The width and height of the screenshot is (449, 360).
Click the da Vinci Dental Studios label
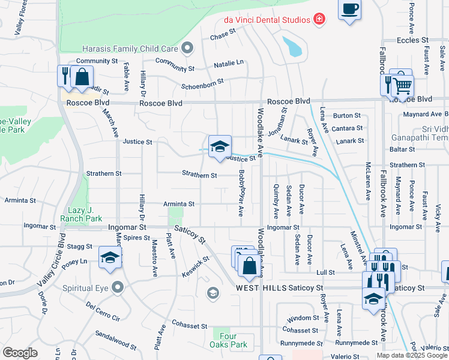pyautogui.click(x=266, y=19)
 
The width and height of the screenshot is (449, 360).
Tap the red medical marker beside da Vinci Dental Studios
pyautogui.click(x=319, y=19)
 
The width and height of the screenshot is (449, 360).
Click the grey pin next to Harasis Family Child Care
pyautogui.click(x=187, y=48)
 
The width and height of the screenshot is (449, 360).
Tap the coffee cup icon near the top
pyautogui.click(x=349, y=10)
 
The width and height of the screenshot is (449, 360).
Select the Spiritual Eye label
pyautogui.click(x=86, y=288)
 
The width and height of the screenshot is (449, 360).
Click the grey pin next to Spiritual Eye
pyautogui.click(x=118, y=288)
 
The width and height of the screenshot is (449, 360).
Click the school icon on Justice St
pyautogui.click(x=220, y=146)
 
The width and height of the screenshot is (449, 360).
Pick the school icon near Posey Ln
pyautogui.click(x=110, y=257)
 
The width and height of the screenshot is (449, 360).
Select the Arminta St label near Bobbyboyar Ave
pyautogui.click(x=179, y=204)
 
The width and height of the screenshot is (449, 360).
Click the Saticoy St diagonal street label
pyautogui.click(x=190, y=234)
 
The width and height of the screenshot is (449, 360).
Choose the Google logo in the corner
pyautogui.click(x=20, y=353)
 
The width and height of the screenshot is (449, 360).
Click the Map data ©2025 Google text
pyautogui.click(x=411, y=355)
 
